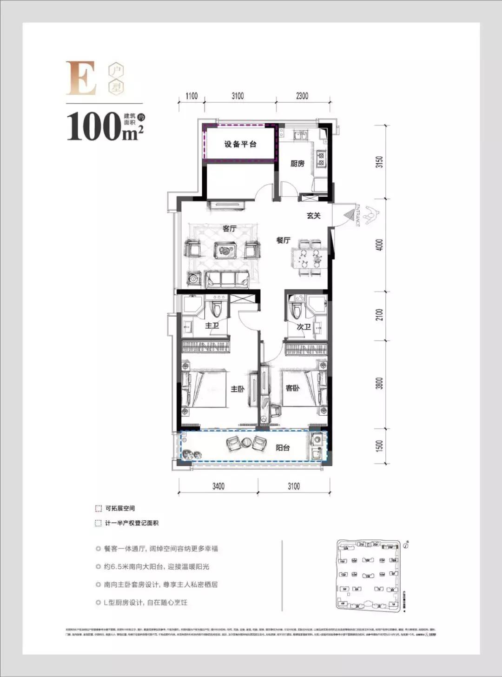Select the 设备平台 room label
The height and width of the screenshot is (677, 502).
coord(240,144)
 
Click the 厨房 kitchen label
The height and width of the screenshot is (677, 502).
coord(297,164)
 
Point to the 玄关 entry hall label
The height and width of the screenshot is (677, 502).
coord(314,216)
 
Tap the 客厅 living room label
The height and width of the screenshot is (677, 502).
coord(230,229)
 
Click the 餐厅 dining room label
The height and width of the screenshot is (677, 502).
coord(283,240)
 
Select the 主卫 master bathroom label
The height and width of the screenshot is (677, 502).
coord(212,325)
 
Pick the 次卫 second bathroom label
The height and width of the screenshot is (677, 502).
coord(304,327)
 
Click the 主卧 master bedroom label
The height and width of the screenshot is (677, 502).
coord(237,389)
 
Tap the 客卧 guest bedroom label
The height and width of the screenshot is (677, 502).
coord(292,388)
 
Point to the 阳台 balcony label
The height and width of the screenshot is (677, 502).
coord(283,448)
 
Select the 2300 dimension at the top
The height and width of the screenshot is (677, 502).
coord(302,96)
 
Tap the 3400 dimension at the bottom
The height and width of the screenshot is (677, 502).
coord(218,486)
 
